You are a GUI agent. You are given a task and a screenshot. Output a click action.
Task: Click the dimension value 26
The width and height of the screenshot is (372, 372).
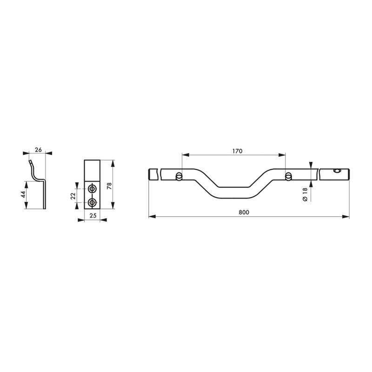coord(38,150)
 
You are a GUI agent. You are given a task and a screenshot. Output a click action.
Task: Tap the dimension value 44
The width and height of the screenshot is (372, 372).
coord(23,195)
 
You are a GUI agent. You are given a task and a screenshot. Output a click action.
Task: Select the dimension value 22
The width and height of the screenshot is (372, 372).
coord(73,196)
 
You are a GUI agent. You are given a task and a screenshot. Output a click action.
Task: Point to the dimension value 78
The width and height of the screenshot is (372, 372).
coord(109,184)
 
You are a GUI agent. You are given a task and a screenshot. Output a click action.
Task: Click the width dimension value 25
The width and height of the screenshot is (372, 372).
coord(93,216)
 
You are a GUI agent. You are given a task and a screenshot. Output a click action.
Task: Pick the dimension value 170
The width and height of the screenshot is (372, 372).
coord(237,151)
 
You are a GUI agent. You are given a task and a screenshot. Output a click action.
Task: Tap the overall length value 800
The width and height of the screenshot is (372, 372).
coord(244,213)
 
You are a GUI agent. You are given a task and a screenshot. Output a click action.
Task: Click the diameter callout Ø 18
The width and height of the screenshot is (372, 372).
coord(305,195)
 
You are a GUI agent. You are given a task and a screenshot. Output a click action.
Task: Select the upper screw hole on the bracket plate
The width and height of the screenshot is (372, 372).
coord(92,189)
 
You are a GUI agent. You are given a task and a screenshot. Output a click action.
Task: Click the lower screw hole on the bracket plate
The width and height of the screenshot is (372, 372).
coord(92,203)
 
